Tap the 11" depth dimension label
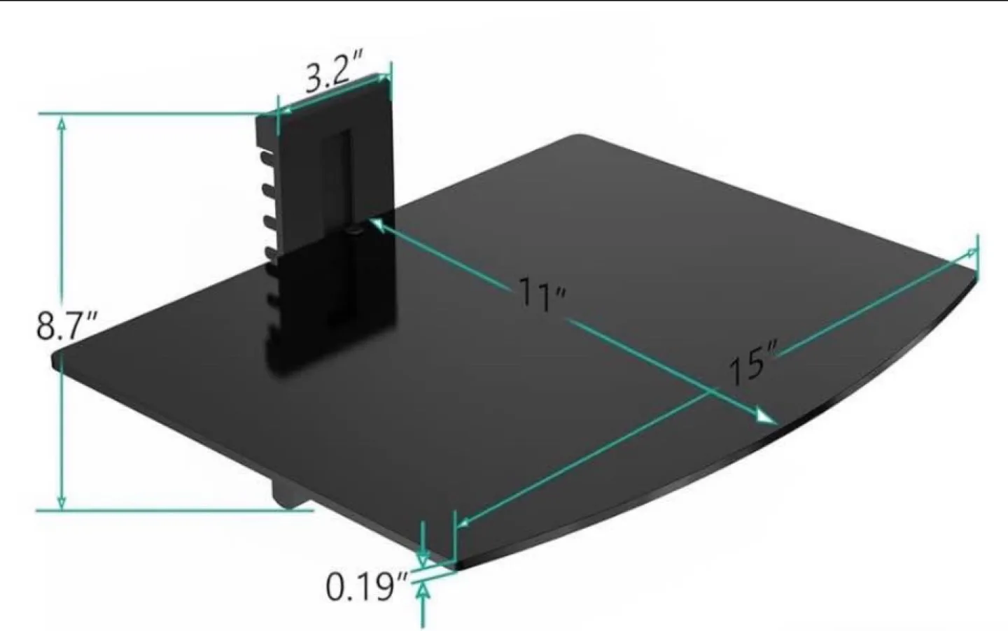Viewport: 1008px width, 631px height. pyautogui.click(x=541, y=294)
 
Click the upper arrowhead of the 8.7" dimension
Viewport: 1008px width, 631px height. pyautogui.click(x=62, y=124)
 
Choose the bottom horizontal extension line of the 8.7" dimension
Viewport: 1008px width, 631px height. pyautogui.click(x=175, y=511)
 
